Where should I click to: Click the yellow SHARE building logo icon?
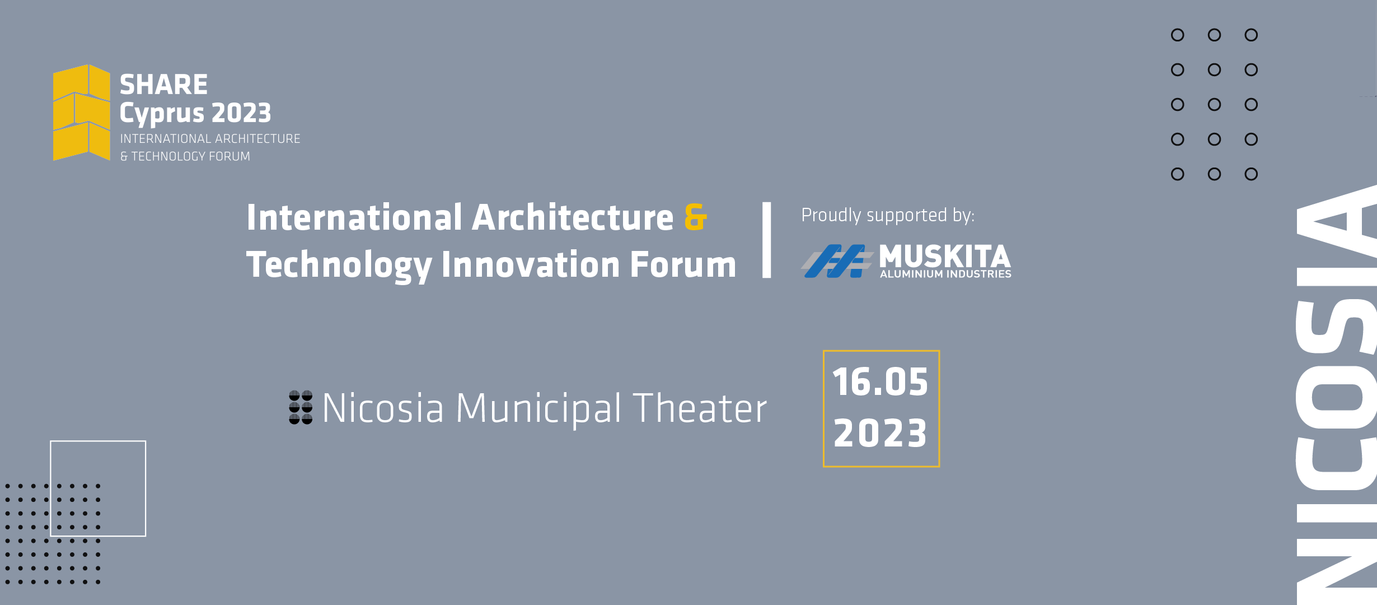point(82,113)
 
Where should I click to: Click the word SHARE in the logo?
point(163,85)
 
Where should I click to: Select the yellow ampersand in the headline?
point(696,217)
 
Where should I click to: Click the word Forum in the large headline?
point(683,264)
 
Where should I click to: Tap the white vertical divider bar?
point(767,240)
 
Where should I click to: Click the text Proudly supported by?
point(888,215)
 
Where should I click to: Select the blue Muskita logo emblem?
point(837,261)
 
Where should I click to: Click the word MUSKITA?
point(945,257)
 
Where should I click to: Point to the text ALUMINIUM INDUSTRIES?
point(945,274)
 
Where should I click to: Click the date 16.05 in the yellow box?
point(880,382)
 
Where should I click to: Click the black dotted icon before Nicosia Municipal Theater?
point(301,407)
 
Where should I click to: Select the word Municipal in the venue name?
point(538,409)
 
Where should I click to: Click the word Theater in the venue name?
point(700,408)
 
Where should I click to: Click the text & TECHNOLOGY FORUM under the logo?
point(185,156)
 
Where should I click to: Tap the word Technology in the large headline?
point(339,265)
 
